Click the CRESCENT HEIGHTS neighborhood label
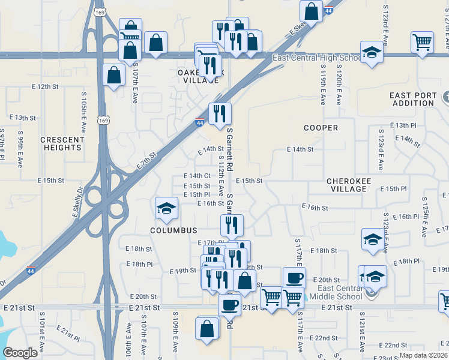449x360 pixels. point(62,143)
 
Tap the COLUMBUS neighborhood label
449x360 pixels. point(174,230)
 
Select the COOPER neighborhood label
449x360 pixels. point(321,128)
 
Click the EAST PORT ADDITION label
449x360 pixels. point(411,99)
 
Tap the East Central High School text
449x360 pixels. point(316,58)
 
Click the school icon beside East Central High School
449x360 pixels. point(372,52)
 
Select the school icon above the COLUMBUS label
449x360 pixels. point(166,208)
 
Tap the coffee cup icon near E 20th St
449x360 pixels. point(294,278)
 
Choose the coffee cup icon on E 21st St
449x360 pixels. point(229,304)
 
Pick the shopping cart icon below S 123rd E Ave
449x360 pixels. point(423,41)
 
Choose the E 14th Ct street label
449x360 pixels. point(196,176)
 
